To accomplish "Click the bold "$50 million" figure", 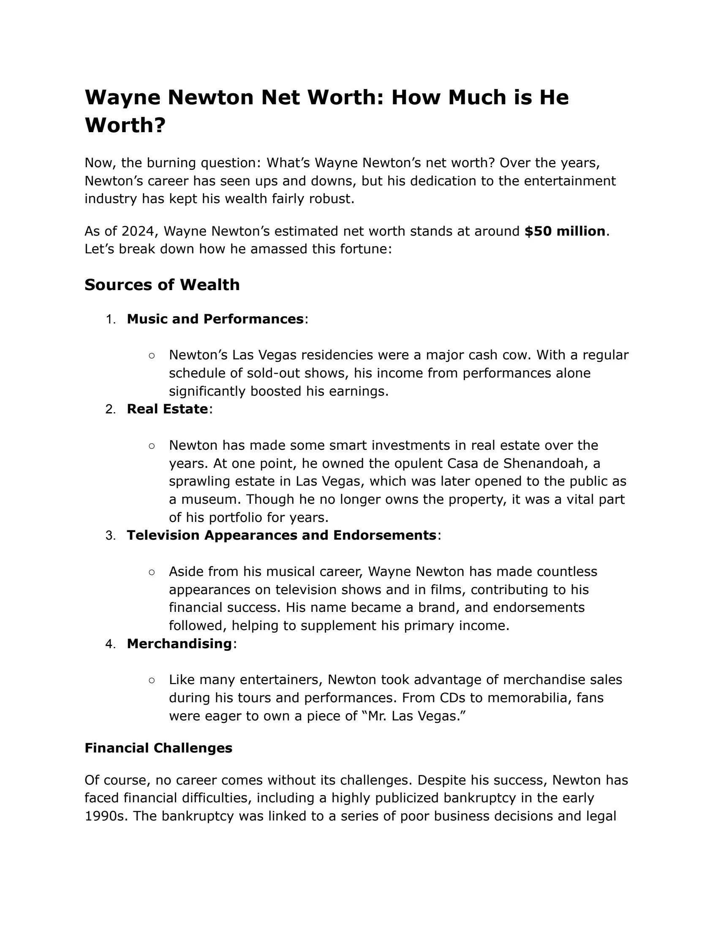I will pyautogui.click(x=564, y=231).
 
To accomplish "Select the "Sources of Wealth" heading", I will pyautogui.click(x=162, y=285).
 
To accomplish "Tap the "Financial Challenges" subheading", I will pyautogui.click(x=158, y=748).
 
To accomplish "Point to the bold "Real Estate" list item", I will pyautogui.click(x=167, y=409).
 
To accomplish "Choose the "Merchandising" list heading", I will pyautogui.click(x=179, y=644).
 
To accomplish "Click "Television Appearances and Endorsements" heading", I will pyautogui.click(x=281, y=535).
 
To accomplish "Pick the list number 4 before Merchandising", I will pyautogui.click(x=110, y=644).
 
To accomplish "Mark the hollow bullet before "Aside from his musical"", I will pyautogui.click(x=152, y=572).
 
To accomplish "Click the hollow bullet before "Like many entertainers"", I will pyautogui.click(x=152, y=680).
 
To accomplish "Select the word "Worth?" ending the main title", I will pyautogui.click(x=125, y=125).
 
